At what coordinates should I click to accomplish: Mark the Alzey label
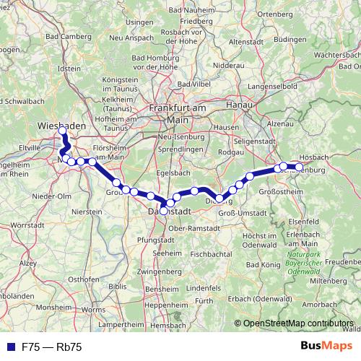[26, 264]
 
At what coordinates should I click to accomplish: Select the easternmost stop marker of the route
[300, 168]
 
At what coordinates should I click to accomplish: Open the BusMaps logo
[326, 347]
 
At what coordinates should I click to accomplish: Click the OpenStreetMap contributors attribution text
[299, 324]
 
